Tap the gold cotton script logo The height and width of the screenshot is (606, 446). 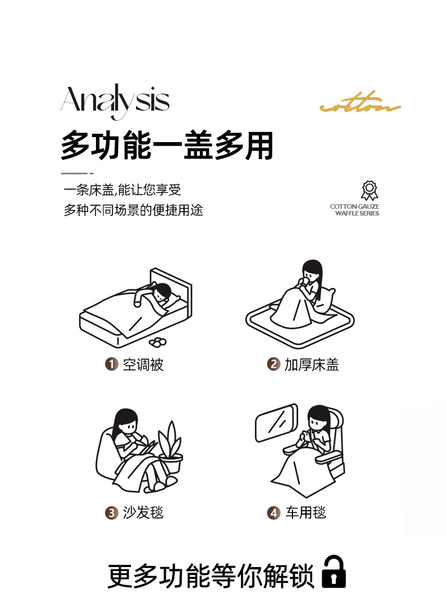tap(360, 103)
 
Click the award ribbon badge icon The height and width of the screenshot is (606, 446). tap(369, 190)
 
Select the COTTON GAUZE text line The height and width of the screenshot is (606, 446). tap(355, 207)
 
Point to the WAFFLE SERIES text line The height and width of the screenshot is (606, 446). tap(357, 213)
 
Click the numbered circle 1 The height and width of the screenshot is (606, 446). tap(111, 364)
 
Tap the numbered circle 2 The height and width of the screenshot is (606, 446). tap(273, 364)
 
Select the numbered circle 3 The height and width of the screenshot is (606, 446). tap(111, 513)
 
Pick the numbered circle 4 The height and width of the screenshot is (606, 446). tap(273, 513)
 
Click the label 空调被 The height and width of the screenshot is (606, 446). tap(143, 365)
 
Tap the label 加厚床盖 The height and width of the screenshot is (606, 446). tap(312, 365)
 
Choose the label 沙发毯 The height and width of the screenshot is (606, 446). tap(143, 513)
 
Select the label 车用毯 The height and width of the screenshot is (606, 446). tap(305, 513)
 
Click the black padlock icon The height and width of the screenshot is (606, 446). tap(334, 572)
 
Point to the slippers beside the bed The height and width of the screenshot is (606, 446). tap(158, 341)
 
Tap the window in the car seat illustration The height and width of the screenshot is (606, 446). tap(276, 423)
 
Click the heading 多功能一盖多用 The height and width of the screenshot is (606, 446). tap(167, 146)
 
